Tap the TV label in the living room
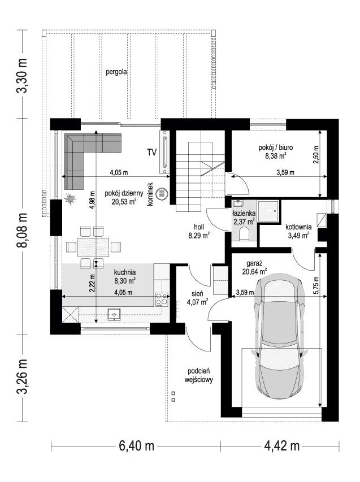click(x=151, y=152)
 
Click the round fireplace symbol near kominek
click(x=162, y=193)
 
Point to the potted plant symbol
click(x=71, y=199)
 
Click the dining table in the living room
click(x=94, y=246)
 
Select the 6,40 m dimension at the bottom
click(x=136, y=446)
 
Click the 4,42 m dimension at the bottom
click(x=281, y=446)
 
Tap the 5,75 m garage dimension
click(x=316, y=289)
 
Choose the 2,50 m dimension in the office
click(x=316, y=154)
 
